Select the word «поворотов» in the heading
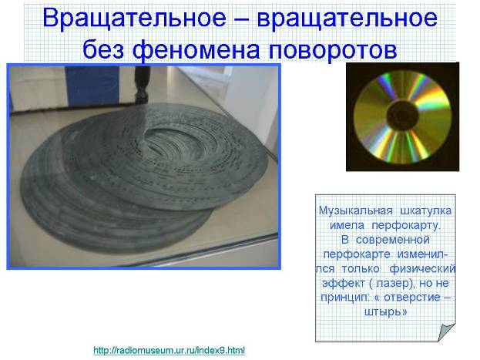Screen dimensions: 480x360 point(333,49)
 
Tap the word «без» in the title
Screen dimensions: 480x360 point(103,49)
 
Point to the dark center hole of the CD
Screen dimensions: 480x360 point(402,115)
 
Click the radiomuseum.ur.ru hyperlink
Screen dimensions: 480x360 point(169,350)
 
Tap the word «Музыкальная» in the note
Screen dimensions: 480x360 point(356,210)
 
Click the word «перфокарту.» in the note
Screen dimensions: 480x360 point(406,225)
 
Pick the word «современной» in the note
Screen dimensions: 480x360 point(393,240)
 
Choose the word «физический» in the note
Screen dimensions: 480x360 point(422,269)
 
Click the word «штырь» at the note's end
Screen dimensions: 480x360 point(383,312)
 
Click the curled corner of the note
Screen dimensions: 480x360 point(447,332)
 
